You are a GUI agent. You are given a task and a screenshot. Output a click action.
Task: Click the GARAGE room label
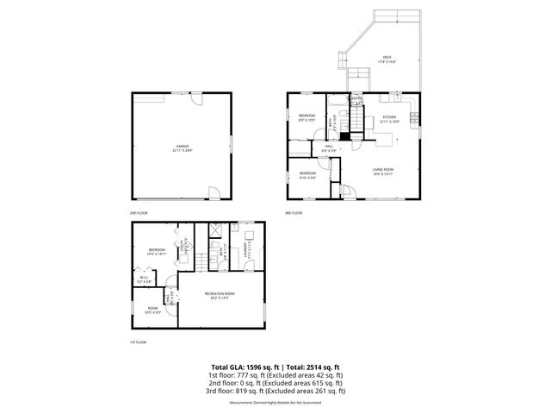[183, 147]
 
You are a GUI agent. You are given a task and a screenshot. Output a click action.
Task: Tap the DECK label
[387, 59]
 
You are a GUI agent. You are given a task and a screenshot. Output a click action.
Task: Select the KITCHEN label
[390, 116]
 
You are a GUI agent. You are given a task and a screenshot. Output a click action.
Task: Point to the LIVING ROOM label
[383, 170]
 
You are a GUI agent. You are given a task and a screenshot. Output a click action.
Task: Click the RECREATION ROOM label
[220, 294]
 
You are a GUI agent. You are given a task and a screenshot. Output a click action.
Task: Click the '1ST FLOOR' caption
[138, 342]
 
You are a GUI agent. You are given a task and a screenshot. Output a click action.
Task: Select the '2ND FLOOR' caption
[138, 212]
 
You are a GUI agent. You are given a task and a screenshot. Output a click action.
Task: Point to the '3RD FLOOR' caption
[294, 212]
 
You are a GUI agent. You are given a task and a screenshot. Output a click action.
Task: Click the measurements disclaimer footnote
[275, 402]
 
